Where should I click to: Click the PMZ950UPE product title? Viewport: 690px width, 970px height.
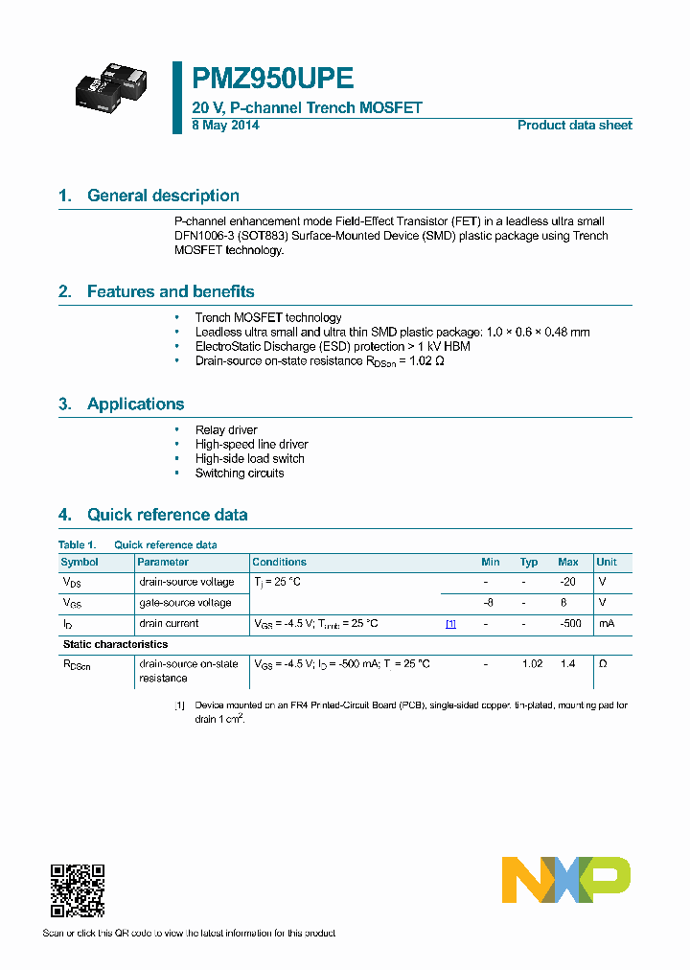click(273, 79)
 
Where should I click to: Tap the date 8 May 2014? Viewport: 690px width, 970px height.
click(225, 126)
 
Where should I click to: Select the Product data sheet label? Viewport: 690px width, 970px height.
click(574, 126)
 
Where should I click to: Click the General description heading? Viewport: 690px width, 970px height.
click(163, 196)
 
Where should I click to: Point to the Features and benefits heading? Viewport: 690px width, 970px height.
click(171, 291)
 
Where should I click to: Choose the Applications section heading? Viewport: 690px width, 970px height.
click(135, 404)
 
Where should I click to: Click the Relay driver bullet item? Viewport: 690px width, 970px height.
click(226, 430)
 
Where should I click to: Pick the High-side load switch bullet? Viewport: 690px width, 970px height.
click(249, 459)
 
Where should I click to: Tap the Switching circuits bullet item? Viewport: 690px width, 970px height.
click(240, 473)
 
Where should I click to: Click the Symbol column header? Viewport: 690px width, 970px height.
click(80, 563)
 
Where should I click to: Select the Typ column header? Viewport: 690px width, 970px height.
click(529, 563)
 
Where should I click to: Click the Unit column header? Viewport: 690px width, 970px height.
click(607, 563)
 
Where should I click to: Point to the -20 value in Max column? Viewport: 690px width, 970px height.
click(567, 582)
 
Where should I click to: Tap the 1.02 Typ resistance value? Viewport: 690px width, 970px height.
click(533, 663)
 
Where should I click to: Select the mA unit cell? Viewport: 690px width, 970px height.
click(606, 624)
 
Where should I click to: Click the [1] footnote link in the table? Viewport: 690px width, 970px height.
click(450, 624)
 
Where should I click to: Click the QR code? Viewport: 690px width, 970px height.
click(77, 890)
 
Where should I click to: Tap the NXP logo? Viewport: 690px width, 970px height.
click(566, 880)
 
